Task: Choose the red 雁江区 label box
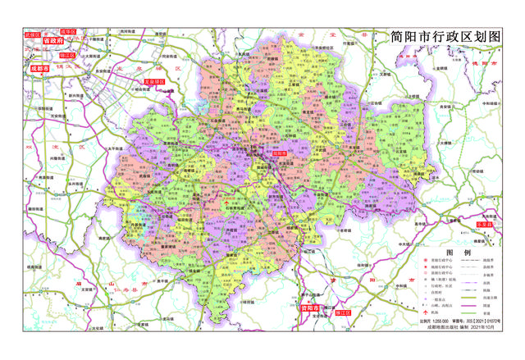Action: pyautogui.click(x=338, y=313)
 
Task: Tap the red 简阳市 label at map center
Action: pyautogui.click(x=279, y=153)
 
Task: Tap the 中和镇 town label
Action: pyautogui.click(x=486, y=104)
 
